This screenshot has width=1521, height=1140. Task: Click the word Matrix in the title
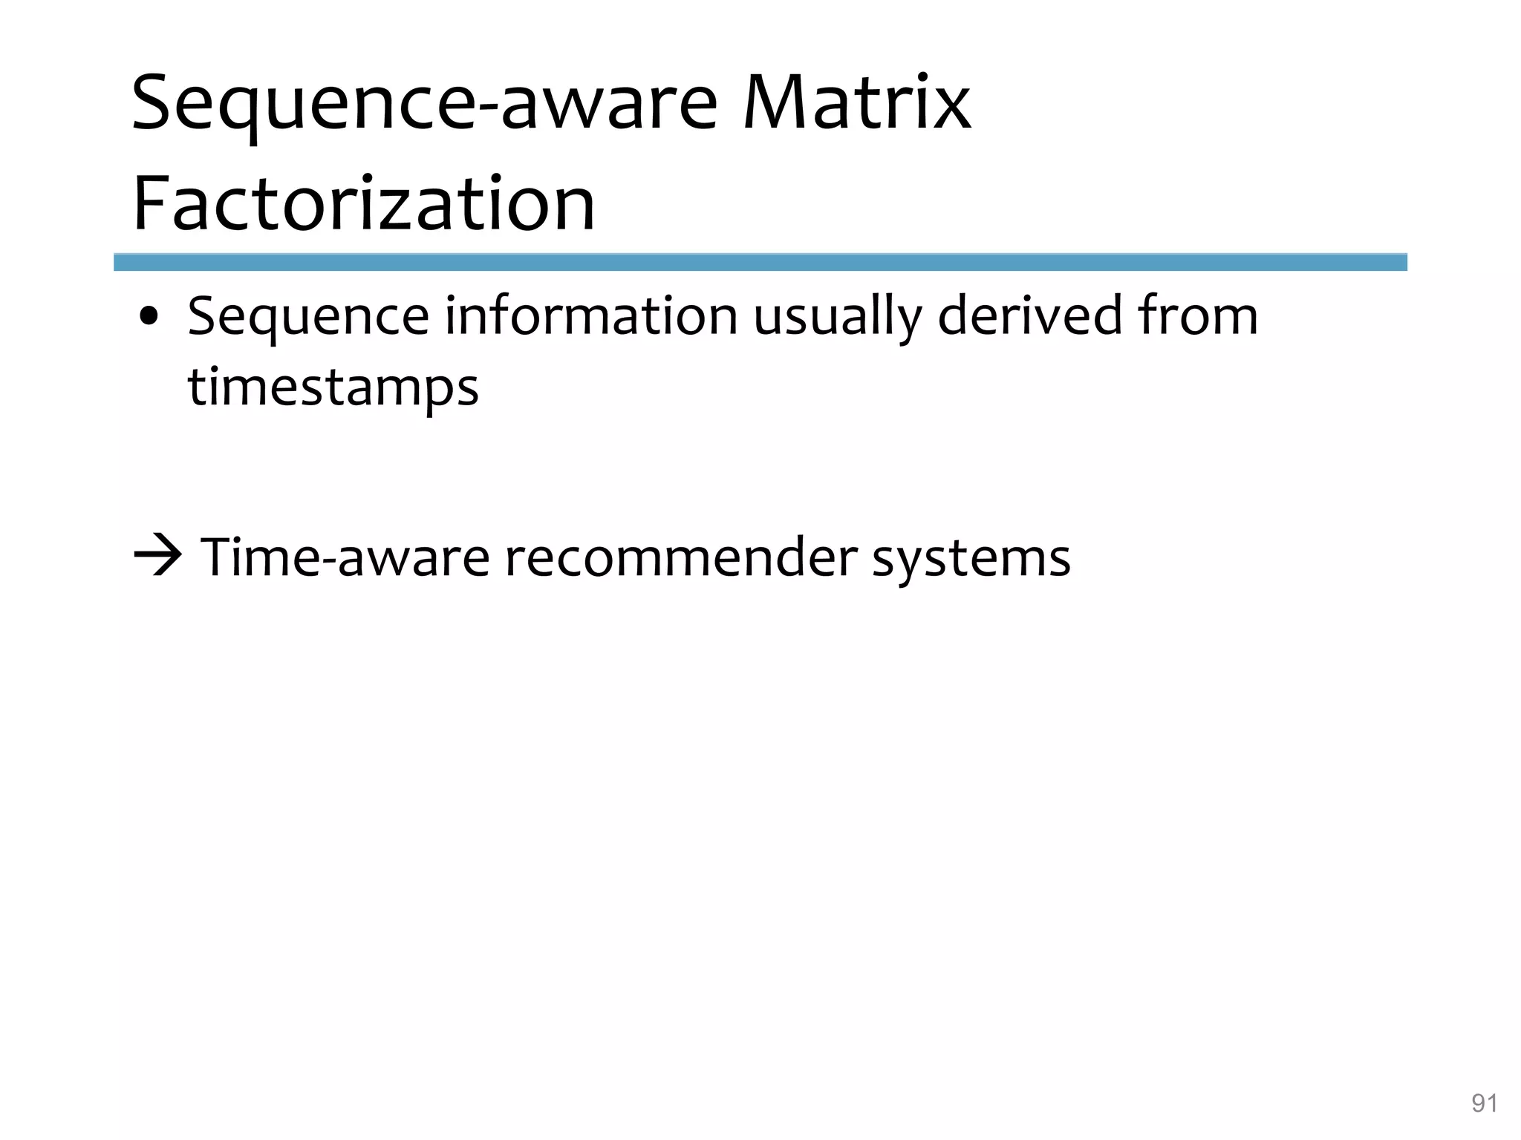click(856, 104)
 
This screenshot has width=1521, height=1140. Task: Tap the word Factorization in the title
click(364, 203)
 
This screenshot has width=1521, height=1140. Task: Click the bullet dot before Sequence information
click(149, 318)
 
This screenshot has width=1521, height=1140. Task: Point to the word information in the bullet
click(591, 316)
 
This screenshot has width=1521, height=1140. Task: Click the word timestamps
click(333, 388)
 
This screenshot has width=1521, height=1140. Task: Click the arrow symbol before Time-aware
click(157, 557)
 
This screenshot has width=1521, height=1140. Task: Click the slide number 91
click(1484, 1104)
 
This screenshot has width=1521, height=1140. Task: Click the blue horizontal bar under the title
click(760, 262)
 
